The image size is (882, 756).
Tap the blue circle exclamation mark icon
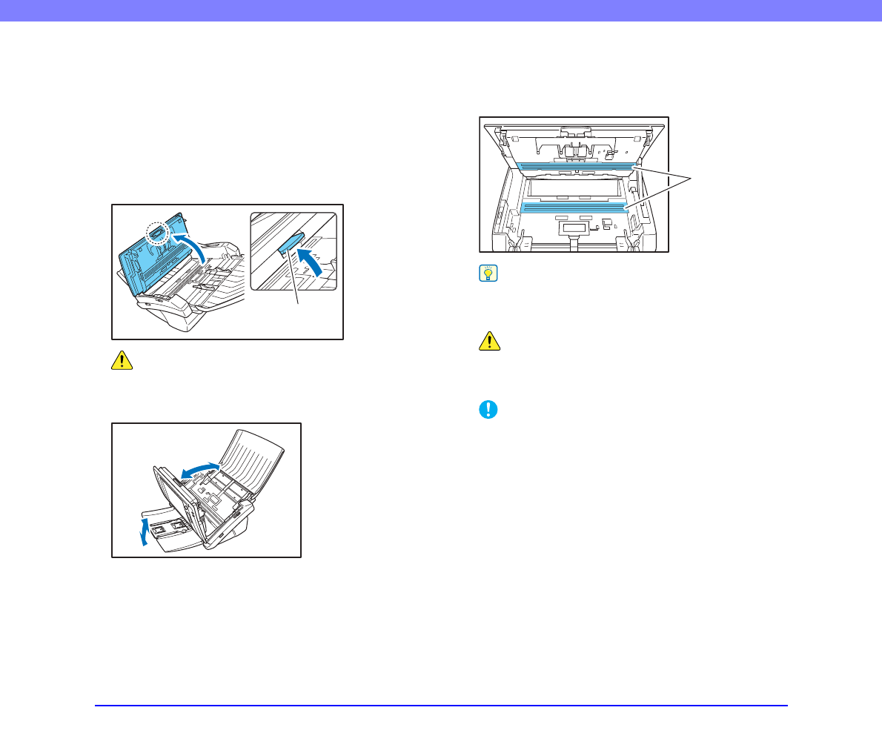pos(488,410)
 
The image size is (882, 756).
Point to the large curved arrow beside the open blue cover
pos(191,244)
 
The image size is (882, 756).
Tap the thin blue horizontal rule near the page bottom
pos(441,706)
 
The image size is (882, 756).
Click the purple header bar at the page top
pos(441,10)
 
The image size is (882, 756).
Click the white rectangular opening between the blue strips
pos(574,188)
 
